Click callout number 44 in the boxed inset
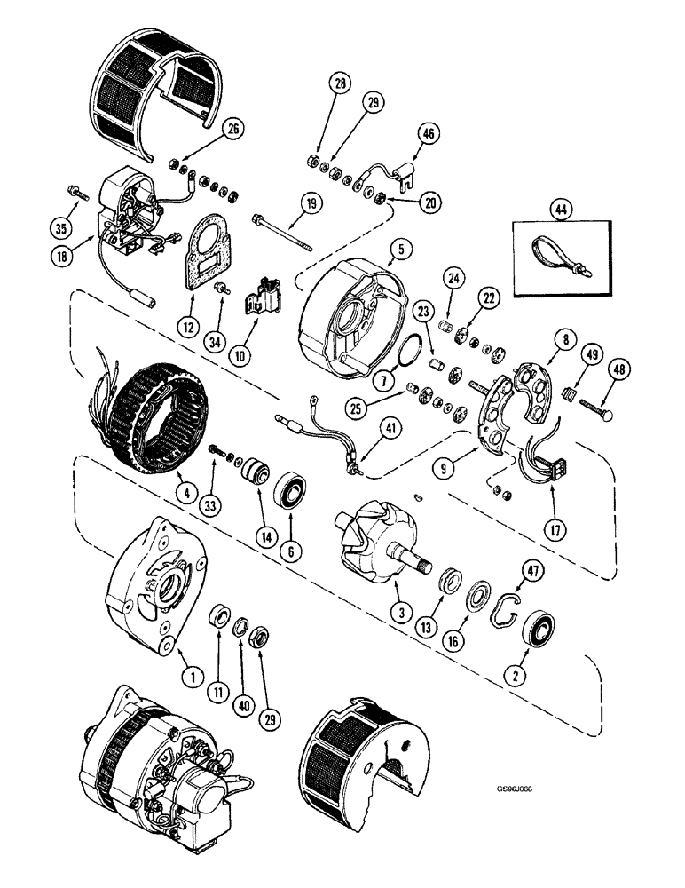click(557, 211)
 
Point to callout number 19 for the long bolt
click(310, 204)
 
